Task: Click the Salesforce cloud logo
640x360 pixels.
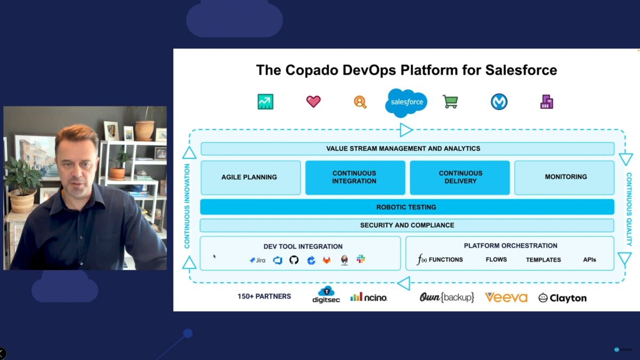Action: [406, 102]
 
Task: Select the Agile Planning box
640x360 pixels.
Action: [250, 177]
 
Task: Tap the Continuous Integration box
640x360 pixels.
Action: [354, 177]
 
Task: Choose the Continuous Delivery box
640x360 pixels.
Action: [460, 177]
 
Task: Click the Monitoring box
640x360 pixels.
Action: [565, 177]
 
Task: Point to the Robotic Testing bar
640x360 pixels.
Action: [406, 207]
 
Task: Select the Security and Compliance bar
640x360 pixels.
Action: [406, 226]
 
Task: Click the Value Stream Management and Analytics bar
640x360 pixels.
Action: [406, 149]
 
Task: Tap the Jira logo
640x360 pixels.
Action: [258, 260]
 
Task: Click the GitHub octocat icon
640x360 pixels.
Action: [294, 260]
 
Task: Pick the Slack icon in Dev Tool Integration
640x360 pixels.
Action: [361, 259]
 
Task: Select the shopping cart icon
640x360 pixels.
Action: [451, 102]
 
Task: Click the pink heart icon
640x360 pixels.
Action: [313, 101]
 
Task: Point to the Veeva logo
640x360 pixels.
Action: [506, 298]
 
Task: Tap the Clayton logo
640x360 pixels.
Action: [562, 298]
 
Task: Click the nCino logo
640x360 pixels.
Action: [369, 297]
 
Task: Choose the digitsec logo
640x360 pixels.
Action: [326, 294]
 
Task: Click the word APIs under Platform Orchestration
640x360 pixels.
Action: [589, 260]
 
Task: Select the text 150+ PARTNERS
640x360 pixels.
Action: [265, 297]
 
